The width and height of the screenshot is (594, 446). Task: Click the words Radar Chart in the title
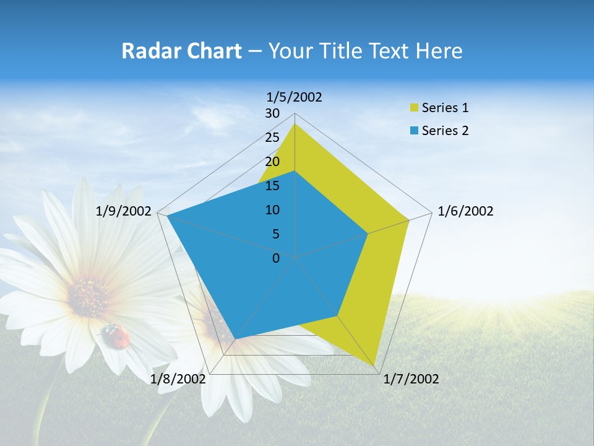(x=181, y=51)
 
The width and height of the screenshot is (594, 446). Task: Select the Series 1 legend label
(x=445, y=108)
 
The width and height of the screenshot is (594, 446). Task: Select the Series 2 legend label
(x=445, y=131)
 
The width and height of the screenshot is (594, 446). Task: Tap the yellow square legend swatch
(x=413, y=108)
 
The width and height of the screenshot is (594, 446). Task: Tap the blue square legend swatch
(x=413, y=131)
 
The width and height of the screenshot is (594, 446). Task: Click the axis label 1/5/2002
(x=294, y=97)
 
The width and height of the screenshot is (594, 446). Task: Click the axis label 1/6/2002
(x=465, y=211)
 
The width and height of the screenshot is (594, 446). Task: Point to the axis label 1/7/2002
(x=411, y=379)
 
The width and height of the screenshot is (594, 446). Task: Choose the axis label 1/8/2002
(x=178, y=379)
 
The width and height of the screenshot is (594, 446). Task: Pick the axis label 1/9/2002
(x=123, y=211)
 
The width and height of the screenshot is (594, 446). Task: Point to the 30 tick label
(x=272, y=113)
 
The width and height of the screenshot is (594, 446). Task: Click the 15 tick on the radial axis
(x=272, y=186)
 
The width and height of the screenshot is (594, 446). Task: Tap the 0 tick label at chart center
(x=276, y=258)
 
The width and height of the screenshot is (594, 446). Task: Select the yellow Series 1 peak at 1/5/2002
(x=295, y=124)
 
